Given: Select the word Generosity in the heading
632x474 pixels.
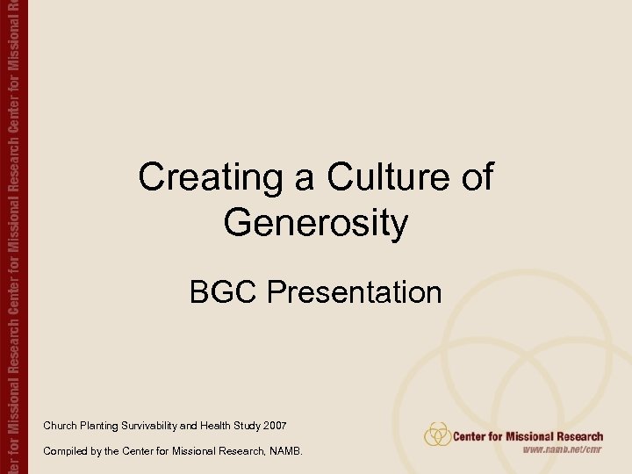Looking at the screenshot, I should point(315,223).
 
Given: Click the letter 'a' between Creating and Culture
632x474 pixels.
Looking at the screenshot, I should point(304,180).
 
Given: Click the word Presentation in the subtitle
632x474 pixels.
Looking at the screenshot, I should point(355,292).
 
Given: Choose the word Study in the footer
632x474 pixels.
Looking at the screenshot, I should point(248,426).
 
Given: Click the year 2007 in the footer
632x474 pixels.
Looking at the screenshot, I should point(276,426).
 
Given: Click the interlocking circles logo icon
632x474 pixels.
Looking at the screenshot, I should point(437,434).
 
